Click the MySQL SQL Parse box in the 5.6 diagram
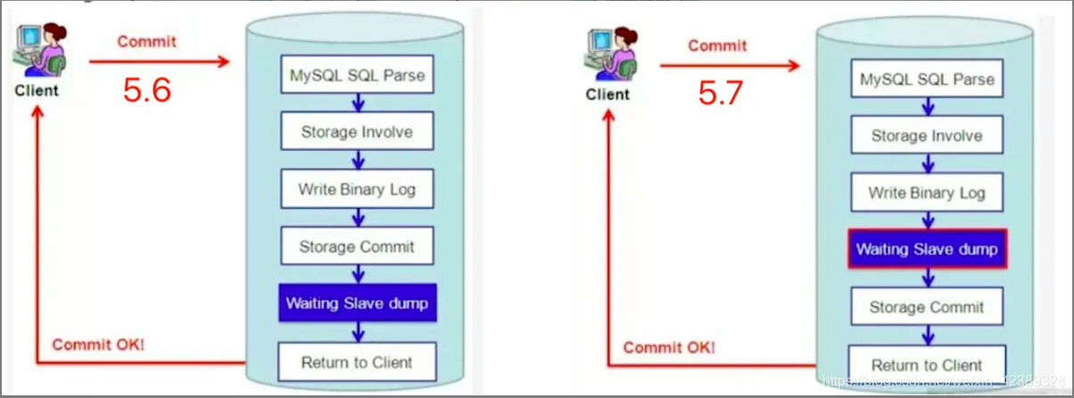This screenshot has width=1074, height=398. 357,76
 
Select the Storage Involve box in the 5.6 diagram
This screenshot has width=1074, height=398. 357,132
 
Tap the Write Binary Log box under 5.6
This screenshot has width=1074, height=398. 357,189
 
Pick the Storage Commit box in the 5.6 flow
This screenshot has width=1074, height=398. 357,246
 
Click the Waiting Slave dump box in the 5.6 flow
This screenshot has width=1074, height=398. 357,304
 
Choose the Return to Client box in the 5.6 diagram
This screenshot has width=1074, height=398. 357,362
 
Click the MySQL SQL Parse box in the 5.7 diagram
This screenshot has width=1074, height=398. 927,79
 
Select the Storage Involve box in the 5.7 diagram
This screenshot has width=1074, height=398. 927,137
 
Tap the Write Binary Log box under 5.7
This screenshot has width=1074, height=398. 927,193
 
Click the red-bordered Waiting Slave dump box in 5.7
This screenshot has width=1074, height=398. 927,250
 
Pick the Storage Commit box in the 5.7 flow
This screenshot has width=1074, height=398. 927,307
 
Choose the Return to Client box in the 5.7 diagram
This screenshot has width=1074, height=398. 927,365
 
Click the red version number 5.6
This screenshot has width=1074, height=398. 147,90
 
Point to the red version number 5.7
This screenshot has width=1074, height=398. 720,94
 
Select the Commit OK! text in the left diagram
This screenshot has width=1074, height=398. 98,344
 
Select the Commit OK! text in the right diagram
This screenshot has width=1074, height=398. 669,347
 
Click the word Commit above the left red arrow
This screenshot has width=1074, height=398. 147,41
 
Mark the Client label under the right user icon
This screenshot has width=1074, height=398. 607,94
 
